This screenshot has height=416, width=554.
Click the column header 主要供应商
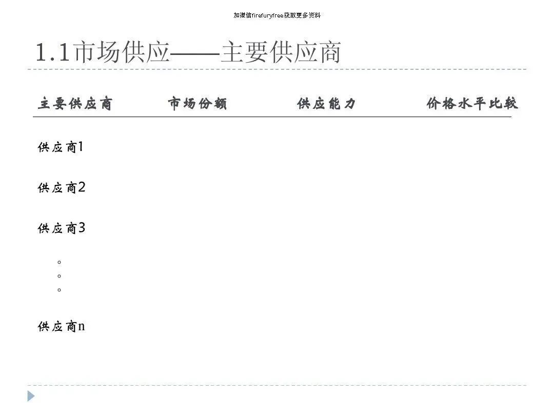(x=75, y=104)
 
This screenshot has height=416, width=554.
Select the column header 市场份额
(x=197, y=104)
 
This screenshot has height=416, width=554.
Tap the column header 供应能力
(x=326, y=104)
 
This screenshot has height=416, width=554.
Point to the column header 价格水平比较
(x=472, y=104)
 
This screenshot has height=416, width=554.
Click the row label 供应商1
(x=61, y=148)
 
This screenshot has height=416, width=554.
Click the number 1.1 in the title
(x=52, y=53)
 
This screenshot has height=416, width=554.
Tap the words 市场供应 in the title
(x=121, y=53)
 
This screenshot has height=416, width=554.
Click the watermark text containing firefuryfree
(x=277, y=15)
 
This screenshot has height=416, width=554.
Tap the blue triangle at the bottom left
(x=31, y=396)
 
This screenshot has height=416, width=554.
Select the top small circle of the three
(x=60, y=262)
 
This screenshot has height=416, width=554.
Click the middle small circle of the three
(x=60, y=276)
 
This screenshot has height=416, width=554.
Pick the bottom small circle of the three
(x=60, y=290)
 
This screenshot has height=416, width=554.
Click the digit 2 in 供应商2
(x=81, y=187)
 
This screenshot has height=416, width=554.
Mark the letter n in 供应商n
(x=81, y=327)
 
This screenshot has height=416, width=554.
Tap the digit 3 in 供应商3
(x=81, y=228)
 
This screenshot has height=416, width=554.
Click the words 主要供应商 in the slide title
(x=281, y=53)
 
